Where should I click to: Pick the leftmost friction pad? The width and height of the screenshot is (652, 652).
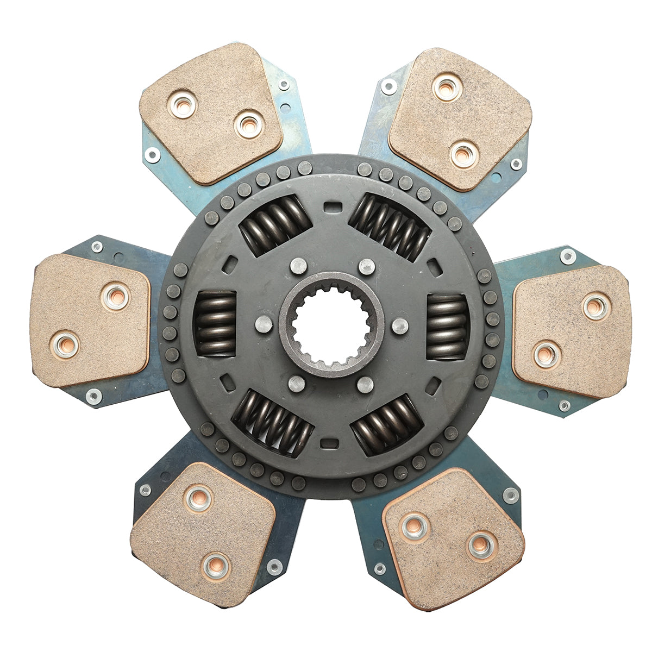tap(90, 321)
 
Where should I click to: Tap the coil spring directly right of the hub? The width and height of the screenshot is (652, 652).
tap(447, 327)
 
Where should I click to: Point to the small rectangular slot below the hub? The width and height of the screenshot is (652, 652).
tap(328, 443)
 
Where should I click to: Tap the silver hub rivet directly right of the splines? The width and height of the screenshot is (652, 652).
tap(400, 326)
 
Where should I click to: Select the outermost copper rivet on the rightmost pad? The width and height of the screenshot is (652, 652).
tap(596, 306)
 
